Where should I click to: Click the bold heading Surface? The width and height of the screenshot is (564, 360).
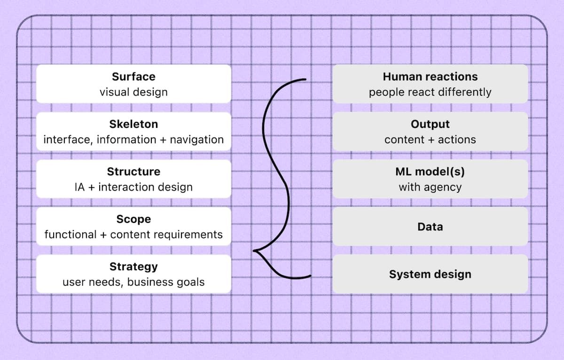[133, 77]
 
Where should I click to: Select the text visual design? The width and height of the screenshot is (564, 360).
[133, 92]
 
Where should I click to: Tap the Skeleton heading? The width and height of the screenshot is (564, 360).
[133, 124]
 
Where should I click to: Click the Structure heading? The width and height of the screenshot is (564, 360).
[133, 172]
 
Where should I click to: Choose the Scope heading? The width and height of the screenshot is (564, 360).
[133, 219]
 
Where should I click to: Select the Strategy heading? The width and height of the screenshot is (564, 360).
[133, 266]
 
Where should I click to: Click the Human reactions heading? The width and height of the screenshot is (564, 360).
[430, 77]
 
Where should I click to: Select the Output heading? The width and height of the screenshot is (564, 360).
[430, 124]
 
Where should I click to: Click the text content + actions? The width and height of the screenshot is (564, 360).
[430, 140]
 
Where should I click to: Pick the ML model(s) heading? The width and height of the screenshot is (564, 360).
[430, 172]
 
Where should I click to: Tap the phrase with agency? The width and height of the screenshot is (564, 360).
[430, 187]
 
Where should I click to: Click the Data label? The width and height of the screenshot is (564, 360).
[430, 227]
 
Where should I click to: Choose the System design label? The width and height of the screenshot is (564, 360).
[430, 274]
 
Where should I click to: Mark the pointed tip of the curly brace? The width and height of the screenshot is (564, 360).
[254, 250]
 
